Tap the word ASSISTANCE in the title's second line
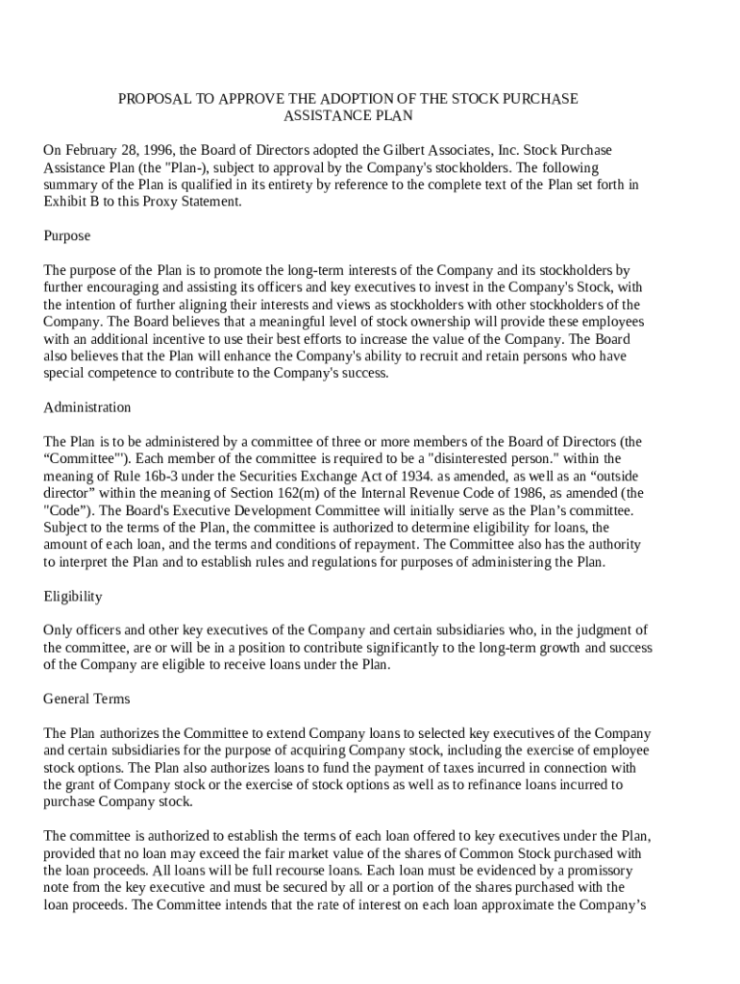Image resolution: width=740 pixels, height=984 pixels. pyautogui.click(x=322, y=115)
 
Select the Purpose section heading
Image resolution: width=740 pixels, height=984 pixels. pyautogui.click(x=67, y=235)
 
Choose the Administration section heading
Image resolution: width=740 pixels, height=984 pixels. pyautogui.click(x=87, y=407)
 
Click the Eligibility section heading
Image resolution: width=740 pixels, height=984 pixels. pyautogui.click(x=73, y=597)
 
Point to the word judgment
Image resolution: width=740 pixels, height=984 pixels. pyautogui.click(x=599, y=630)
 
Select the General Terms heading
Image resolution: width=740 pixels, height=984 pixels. pyautogui.click(x=86, y=699)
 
